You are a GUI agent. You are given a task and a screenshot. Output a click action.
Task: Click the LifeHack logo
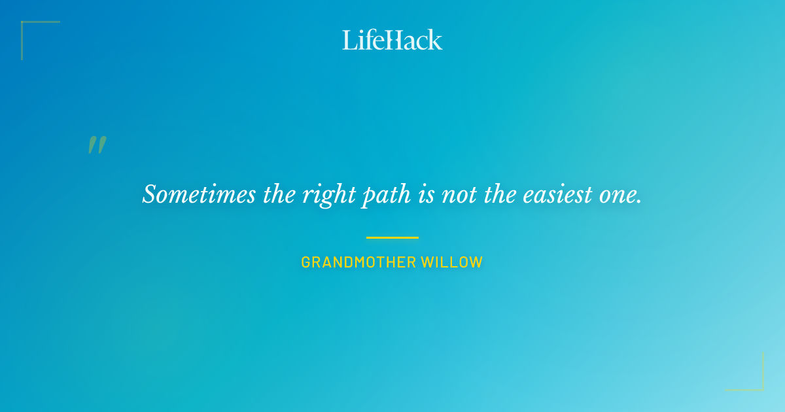point(392,40)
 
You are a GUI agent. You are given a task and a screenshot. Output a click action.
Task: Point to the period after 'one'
point(639,201)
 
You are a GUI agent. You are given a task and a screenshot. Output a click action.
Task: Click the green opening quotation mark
point(97,145)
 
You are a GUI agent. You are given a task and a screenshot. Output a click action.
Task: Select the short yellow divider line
point(392,237)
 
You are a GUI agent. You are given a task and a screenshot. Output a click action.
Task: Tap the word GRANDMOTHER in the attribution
point(358,263)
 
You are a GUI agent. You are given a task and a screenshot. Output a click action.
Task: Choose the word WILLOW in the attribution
point(452,263)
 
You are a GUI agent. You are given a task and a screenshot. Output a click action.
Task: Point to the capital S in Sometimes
point(150,194)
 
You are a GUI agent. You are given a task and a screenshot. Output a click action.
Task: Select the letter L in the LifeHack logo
point(349,40)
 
